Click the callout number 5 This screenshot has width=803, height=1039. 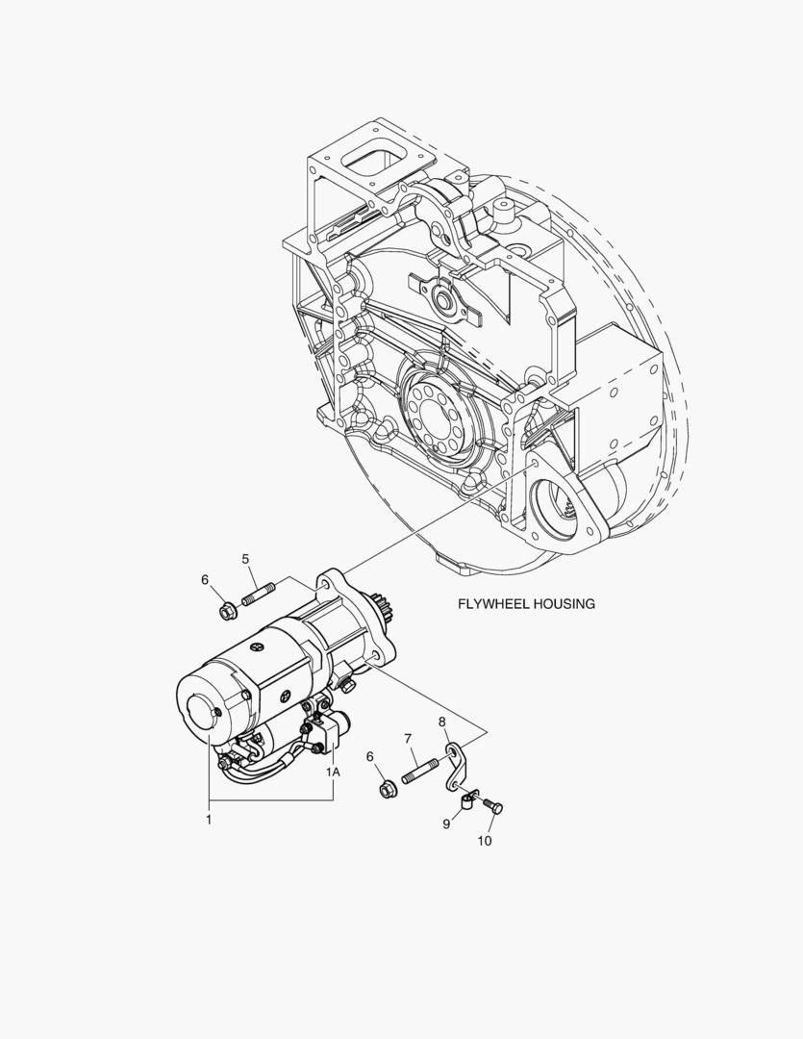246,559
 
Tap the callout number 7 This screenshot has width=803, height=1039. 408,738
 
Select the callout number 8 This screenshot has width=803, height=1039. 442,722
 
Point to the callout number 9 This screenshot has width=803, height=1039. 446,824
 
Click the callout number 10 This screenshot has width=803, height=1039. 485,841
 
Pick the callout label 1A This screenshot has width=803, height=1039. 333,772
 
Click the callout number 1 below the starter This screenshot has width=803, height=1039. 209,820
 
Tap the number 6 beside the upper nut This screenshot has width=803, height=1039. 205,580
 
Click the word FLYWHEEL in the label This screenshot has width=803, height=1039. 491,603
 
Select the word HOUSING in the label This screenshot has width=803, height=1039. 562,603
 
